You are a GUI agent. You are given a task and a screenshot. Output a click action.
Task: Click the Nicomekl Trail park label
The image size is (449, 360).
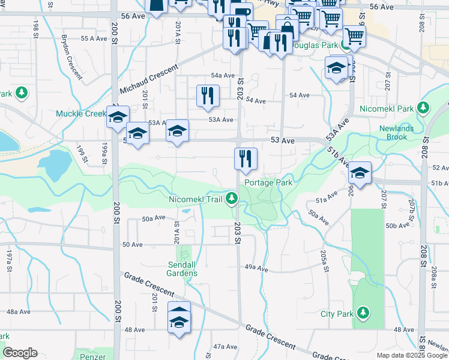click(196, 199)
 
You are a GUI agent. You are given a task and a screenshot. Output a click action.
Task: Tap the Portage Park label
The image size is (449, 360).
click(268, 182)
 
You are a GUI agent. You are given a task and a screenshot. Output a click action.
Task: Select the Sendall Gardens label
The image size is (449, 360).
click(182, 269)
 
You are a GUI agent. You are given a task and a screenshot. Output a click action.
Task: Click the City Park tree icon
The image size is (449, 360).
click(363, 312)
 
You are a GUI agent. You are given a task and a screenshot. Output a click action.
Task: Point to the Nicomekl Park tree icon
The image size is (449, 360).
click(424, 108)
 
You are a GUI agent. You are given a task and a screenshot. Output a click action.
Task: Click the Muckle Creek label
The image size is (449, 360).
click(81, 113)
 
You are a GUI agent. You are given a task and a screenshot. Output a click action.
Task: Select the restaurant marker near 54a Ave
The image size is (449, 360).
click(208, 96)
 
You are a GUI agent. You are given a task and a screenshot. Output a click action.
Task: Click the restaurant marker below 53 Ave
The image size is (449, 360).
click(246, 159)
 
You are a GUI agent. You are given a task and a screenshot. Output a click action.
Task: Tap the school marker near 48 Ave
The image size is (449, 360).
click(179, 316)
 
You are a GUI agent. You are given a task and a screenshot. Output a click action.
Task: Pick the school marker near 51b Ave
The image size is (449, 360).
click(360, 174)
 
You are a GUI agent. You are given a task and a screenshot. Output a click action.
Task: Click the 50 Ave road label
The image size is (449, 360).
click(132, 245)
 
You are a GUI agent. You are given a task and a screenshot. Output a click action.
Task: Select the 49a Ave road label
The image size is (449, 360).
click(256, 268)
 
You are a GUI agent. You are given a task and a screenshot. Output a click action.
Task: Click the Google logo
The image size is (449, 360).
click(20, 353)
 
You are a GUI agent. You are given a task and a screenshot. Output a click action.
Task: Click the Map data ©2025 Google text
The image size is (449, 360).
click(411, 355)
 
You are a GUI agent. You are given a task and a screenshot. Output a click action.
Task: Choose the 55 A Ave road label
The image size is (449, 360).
click(94, 38)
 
